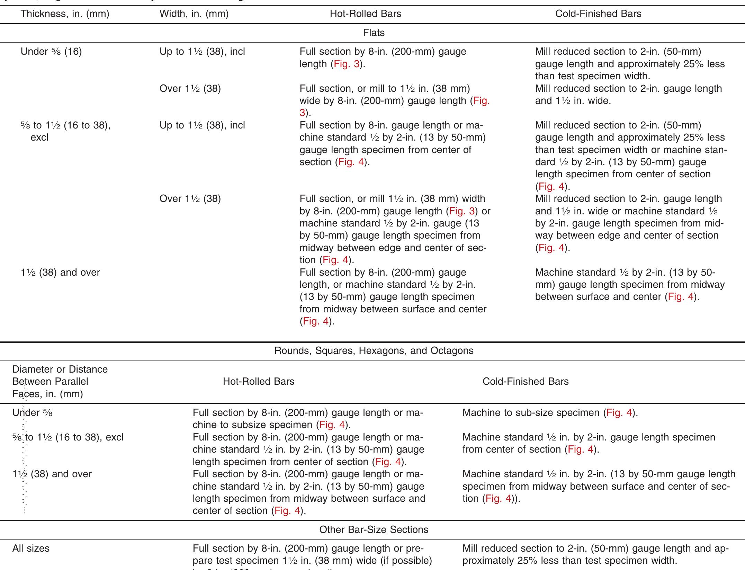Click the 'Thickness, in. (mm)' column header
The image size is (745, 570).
pos(65,14)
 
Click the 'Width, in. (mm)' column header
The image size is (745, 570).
pos(194,14)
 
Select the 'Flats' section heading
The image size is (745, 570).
pos(374,33)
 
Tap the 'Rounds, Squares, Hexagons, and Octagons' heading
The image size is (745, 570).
pos(374,351)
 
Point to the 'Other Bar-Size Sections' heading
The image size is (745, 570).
pos(374,530)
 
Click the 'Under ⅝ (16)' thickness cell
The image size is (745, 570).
pos(51,52)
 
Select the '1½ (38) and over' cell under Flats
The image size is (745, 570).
pos(60,273)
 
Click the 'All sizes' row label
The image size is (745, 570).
pos(31,549)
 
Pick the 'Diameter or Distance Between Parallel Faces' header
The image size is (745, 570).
pos(60,382)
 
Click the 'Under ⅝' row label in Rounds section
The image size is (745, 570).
pos(33,413)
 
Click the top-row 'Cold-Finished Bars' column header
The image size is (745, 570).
pos(598,14)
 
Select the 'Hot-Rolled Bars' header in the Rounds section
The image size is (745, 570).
pos(258,382)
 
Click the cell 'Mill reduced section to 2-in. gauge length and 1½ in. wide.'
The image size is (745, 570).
pos(628,95)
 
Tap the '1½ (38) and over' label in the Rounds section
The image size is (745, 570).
pos(52,474)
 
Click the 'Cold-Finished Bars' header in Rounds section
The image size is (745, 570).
pos(525,382)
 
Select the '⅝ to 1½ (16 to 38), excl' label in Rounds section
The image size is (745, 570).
pos(68,437)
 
